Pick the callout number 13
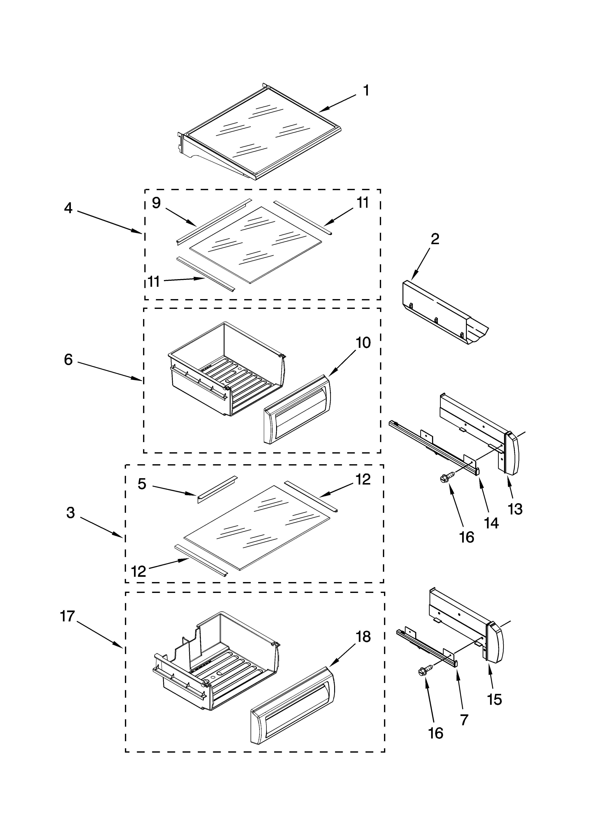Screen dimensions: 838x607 (515, 509)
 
